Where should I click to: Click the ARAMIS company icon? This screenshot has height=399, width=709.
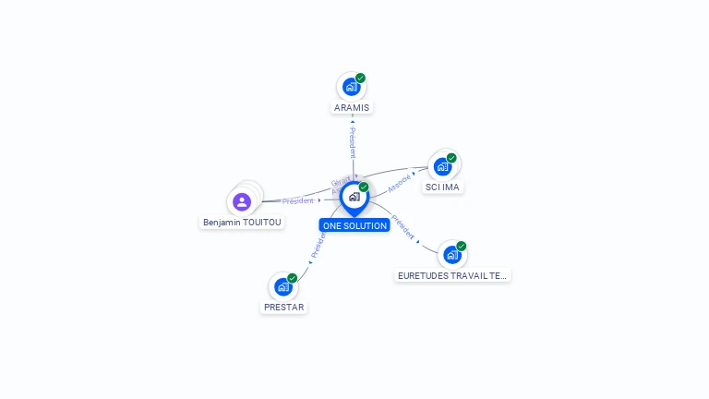tap(351, 87)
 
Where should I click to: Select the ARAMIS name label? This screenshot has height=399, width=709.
tap(352, 107)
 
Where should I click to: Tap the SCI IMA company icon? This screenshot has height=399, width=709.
tap(442, 166)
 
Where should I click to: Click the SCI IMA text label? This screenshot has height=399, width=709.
tap(442, 187)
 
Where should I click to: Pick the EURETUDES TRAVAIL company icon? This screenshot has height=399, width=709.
tap(451, 255)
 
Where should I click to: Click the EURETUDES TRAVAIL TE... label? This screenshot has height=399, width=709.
tap(452, 275)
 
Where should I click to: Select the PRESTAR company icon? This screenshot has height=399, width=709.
tap(282, 286)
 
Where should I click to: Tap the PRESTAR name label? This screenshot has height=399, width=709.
tap(283, 307)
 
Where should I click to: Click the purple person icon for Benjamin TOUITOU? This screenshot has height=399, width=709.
tap(242, 201)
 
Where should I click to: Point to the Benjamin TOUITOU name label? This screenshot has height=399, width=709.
tap(243, 223)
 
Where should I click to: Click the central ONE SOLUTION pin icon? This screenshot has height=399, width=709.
tap(354, 197)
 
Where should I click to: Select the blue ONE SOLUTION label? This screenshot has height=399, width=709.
tap(354, 225)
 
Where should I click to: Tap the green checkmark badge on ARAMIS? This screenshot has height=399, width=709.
tap(361, 78)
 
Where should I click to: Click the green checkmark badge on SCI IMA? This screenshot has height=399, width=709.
tap(451, 157)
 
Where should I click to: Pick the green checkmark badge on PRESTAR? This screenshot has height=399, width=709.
tap(293, 277)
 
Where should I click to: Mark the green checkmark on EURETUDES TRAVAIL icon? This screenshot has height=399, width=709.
tap(462, 246)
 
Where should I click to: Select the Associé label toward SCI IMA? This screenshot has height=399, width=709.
tap(399, 183)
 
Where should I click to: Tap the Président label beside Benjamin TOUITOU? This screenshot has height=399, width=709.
tap(298, 200)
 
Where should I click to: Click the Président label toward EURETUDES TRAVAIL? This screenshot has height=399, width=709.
tap(403, 226)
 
